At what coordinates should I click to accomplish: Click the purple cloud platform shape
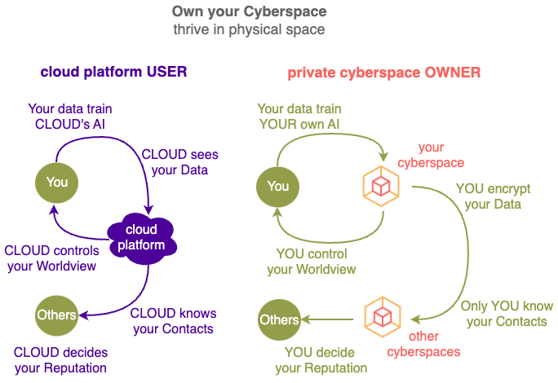[142, 238]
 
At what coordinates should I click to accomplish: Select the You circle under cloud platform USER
[56, 183]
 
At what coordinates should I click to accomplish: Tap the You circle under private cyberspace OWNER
[277, 187]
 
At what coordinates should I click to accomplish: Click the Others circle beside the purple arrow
[56, 315]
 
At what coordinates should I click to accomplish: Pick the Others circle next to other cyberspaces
[279, 319]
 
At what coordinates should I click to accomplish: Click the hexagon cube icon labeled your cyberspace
[381, 186]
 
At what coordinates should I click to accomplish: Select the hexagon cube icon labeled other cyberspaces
[383, 317]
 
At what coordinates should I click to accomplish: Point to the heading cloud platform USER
[113, 72]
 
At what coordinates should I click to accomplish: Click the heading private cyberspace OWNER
[384, 73]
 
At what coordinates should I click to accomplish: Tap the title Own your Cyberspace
[249, 11]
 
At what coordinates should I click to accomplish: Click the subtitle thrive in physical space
[249, 29]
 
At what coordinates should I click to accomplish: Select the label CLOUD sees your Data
[179, 162]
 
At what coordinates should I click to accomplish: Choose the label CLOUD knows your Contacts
[173, 321]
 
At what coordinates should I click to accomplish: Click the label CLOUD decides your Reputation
[60, 360]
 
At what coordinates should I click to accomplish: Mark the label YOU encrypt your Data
[493, 196]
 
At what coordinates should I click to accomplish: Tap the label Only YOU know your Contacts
[507, 314]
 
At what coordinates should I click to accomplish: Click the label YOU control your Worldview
[312, 262]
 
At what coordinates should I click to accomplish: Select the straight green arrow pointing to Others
[327, 319]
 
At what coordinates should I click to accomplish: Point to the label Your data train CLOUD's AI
[70, 117]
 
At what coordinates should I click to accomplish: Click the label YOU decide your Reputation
[321, 360]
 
